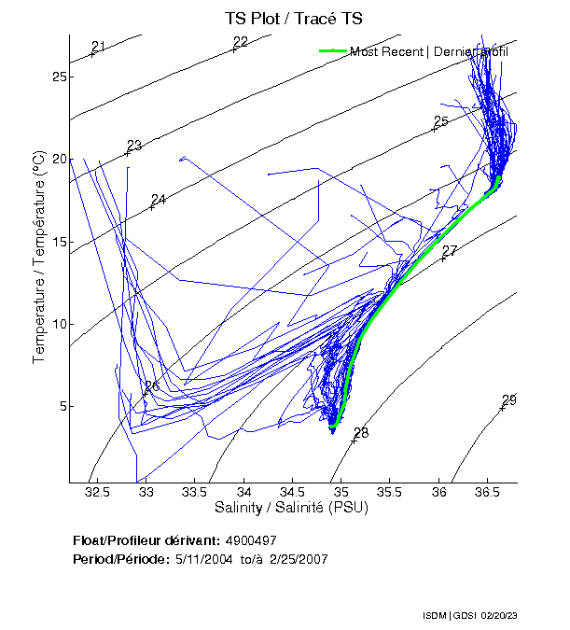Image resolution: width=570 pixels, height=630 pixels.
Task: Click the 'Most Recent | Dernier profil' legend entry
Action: (x=429, y=51)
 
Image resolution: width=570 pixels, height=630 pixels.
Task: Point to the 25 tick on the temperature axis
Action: (x=58, y=77)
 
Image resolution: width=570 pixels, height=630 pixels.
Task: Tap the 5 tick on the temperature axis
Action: (x=62, y=406)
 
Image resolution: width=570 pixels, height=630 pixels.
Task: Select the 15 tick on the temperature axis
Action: (x=58, y=242)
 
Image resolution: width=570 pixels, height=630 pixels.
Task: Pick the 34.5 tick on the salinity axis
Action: (x=292, y=492)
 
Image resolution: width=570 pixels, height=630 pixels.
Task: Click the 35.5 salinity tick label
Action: (x=390, y=492)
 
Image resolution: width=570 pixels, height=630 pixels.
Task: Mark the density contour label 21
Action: (x=99, y=47)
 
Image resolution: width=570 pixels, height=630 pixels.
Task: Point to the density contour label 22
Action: (x=241, y=42)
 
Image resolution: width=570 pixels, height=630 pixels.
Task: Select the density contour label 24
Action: (x=159, y=200)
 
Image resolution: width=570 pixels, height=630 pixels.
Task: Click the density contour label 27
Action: (x=450, y=251)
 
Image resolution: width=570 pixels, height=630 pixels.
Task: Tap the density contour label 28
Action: (x=361, y=433)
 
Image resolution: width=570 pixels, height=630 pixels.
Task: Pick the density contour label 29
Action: (x=509, y=400)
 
